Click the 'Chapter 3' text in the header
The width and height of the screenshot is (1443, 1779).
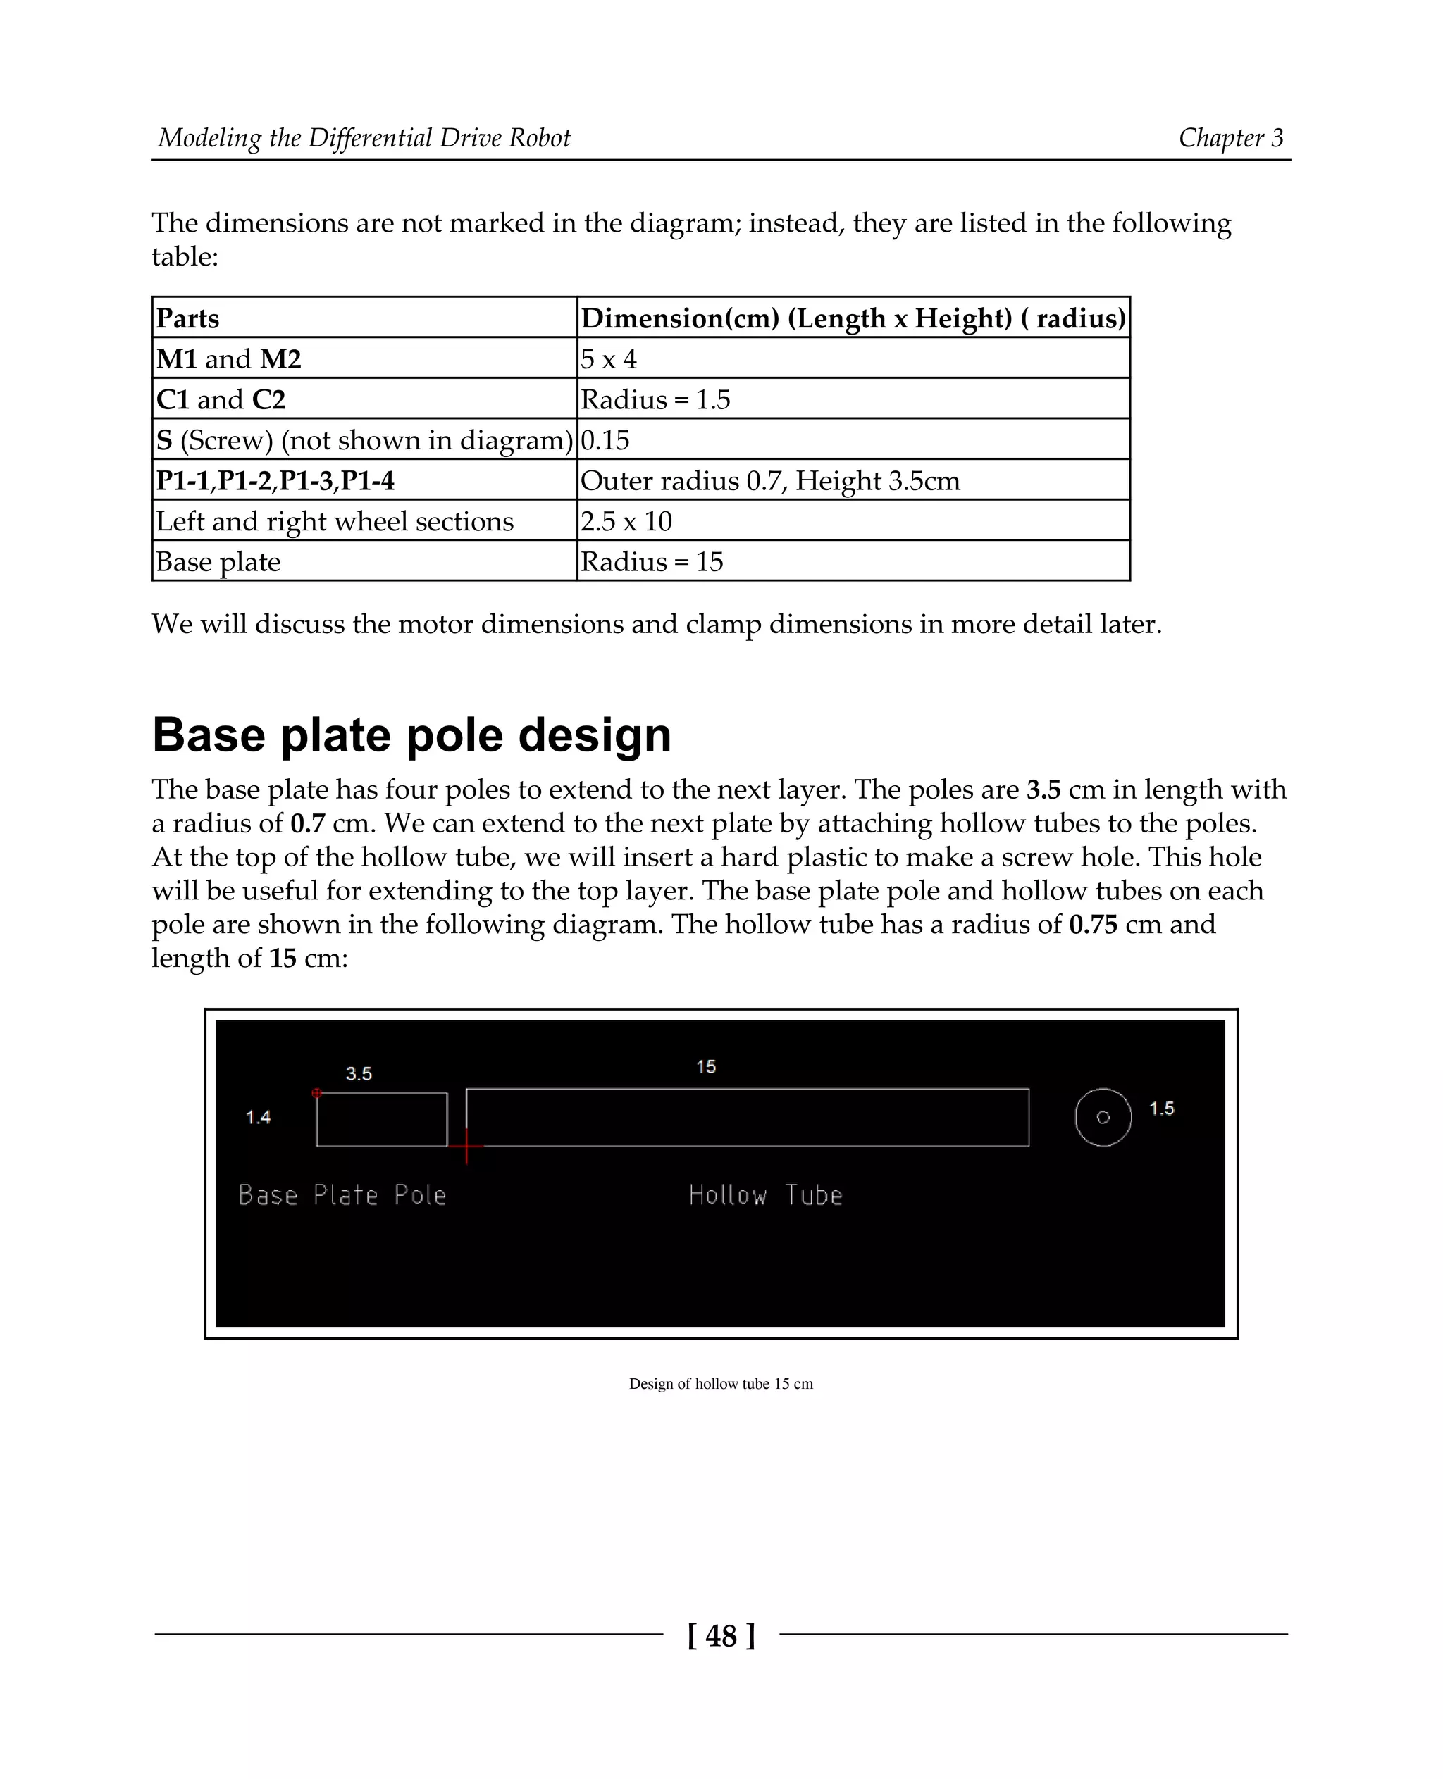pos(1230,138)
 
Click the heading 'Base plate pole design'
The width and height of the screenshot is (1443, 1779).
pos(411,735)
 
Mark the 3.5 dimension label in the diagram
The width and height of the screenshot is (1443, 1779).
pos(358,1073)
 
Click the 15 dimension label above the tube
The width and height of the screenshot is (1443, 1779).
pos(706,1067)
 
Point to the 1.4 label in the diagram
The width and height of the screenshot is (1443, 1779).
pos(259,1118)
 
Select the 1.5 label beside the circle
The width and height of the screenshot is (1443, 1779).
pos(1161,1109)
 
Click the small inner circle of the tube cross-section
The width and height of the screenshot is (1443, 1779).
pos(1103,1118)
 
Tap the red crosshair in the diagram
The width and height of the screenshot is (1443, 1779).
pos(466,1146)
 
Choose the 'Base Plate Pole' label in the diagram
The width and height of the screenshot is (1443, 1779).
pos(342,1196)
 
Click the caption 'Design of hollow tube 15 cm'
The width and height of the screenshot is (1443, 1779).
pos(721,1383)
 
